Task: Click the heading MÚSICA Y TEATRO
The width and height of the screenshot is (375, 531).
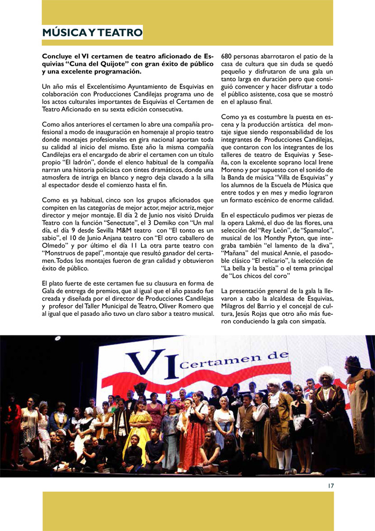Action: (x=93, y=33)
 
